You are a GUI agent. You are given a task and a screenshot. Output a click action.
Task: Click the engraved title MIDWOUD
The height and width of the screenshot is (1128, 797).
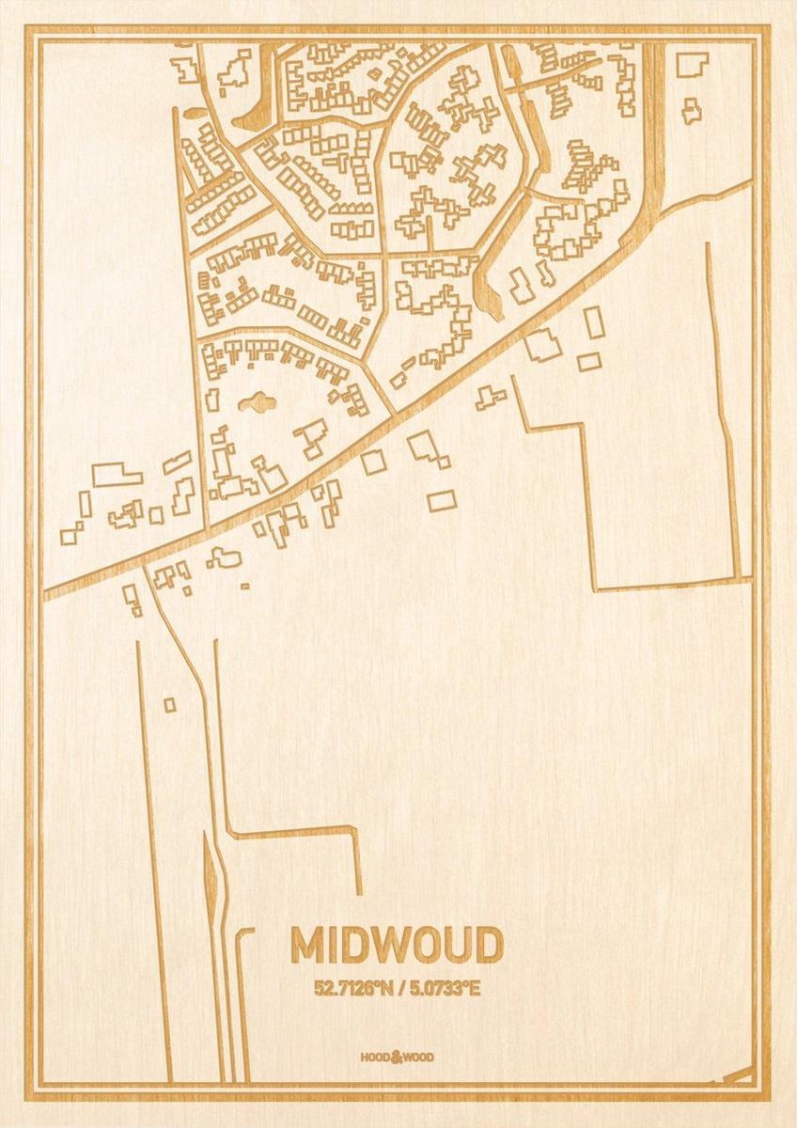(397, 946)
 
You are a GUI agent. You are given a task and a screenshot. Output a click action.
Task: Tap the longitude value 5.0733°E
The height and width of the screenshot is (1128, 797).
(443, 988)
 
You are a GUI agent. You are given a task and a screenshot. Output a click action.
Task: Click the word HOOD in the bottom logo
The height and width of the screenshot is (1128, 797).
(374, 1057)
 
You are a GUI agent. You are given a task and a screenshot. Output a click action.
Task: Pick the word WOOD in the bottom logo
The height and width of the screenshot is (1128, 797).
(419, 1057)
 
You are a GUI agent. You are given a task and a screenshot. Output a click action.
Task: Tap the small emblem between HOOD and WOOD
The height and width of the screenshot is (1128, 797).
(397, 1056)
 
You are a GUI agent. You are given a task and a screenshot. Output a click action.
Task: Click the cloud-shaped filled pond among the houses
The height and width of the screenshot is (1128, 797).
(257, 404)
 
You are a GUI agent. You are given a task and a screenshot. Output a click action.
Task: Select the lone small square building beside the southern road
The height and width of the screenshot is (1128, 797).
(169, 704)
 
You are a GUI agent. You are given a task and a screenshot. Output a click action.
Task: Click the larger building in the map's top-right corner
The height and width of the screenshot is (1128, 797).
(693, 64)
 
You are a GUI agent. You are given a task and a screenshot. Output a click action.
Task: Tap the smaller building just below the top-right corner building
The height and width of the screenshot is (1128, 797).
(692, 111)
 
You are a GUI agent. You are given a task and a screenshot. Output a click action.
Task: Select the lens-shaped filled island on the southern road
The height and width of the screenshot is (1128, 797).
(211, 869)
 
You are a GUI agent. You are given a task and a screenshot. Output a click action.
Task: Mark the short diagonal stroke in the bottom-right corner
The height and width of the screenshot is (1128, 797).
(738, 1074)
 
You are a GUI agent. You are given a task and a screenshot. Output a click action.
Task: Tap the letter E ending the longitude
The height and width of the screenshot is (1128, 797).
(475, 988)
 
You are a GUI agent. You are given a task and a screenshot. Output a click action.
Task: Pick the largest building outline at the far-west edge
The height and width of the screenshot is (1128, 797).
(117, 475)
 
